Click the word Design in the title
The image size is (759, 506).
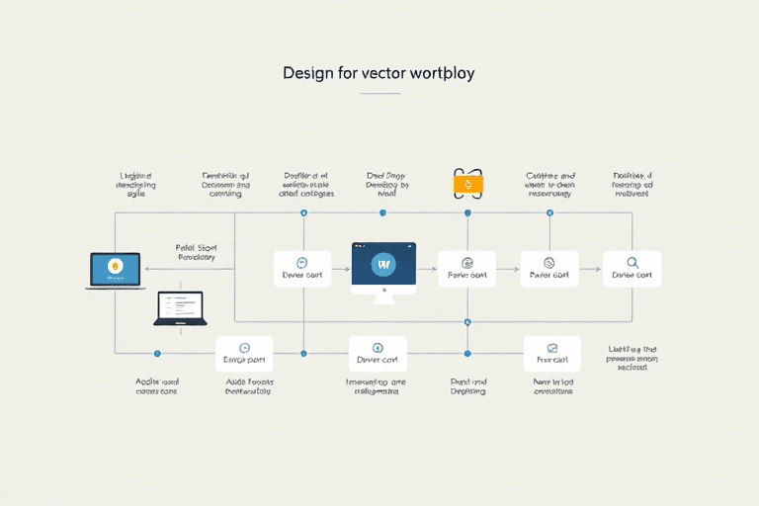tap(306, 74)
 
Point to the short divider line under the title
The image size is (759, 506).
tap(379, 94)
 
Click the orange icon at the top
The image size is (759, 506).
tap(466, 184)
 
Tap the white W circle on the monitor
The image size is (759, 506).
tap(383, 265)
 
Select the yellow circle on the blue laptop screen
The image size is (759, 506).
tap(116, 265)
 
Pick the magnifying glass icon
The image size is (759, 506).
tap(632, 263)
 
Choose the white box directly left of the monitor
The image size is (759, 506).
tap(301, 269)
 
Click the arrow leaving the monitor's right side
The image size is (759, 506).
tap(427, 269)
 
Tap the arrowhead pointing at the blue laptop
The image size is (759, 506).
tap(148, 269)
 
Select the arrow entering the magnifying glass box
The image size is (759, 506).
tap(591, 269)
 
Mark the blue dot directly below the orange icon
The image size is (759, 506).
tap(466, 212)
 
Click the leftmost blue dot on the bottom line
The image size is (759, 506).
tap(156, 353)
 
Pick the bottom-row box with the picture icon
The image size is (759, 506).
tap(551, 353)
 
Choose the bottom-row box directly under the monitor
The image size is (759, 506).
tap(378, 353)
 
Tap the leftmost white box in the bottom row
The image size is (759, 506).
tap(244, 353)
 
